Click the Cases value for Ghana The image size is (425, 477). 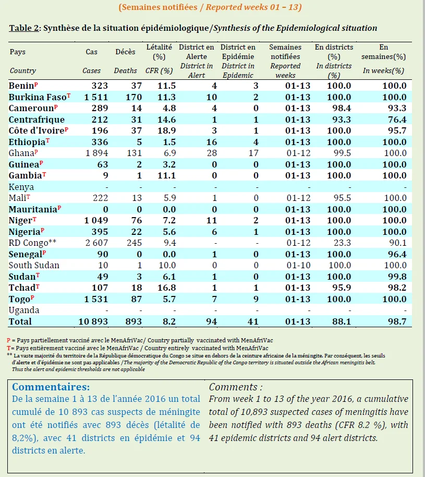click(96, 153)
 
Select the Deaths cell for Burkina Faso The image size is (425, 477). click(134, 97)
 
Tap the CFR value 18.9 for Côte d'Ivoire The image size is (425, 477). click(166, 130)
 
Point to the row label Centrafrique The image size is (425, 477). click(37, 120)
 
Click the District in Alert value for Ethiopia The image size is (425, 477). click(212, 142)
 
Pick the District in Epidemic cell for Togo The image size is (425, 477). click(256, 299)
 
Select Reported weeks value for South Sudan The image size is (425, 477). click(298, 265)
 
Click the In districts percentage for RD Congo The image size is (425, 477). click(342, 243)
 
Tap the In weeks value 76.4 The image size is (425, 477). click(397, 120)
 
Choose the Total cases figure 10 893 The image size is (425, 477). click(93, 321)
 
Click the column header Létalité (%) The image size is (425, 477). click(159, 52)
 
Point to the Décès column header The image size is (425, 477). click(125, 52)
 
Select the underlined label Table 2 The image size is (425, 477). click(24, 28)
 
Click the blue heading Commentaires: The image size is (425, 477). click(51, 387)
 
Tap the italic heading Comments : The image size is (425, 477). click(236, 387)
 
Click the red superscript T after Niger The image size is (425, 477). click(34, 219)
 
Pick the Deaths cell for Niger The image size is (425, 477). click(137, 220)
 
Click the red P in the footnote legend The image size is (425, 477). click(8, 340)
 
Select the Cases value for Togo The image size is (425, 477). click(96, 299)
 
